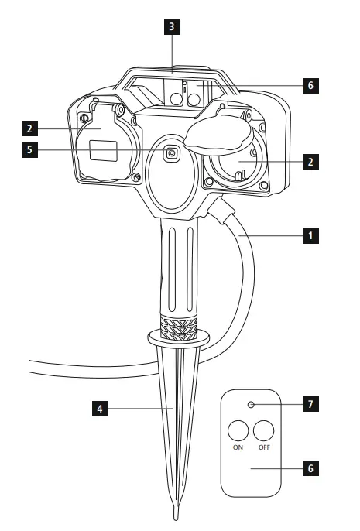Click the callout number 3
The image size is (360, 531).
click(x=172, y=26)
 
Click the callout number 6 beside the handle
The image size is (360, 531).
click(x=310, y=84)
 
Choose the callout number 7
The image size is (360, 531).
click(x=310, y=404)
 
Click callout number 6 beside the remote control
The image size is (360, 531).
click(x=310, y=468)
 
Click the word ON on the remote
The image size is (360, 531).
click(x=238, y=447)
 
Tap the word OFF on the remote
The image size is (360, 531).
click(x=265, y=447)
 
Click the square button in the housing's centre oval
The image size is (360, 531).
click(x=170, y=152)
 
